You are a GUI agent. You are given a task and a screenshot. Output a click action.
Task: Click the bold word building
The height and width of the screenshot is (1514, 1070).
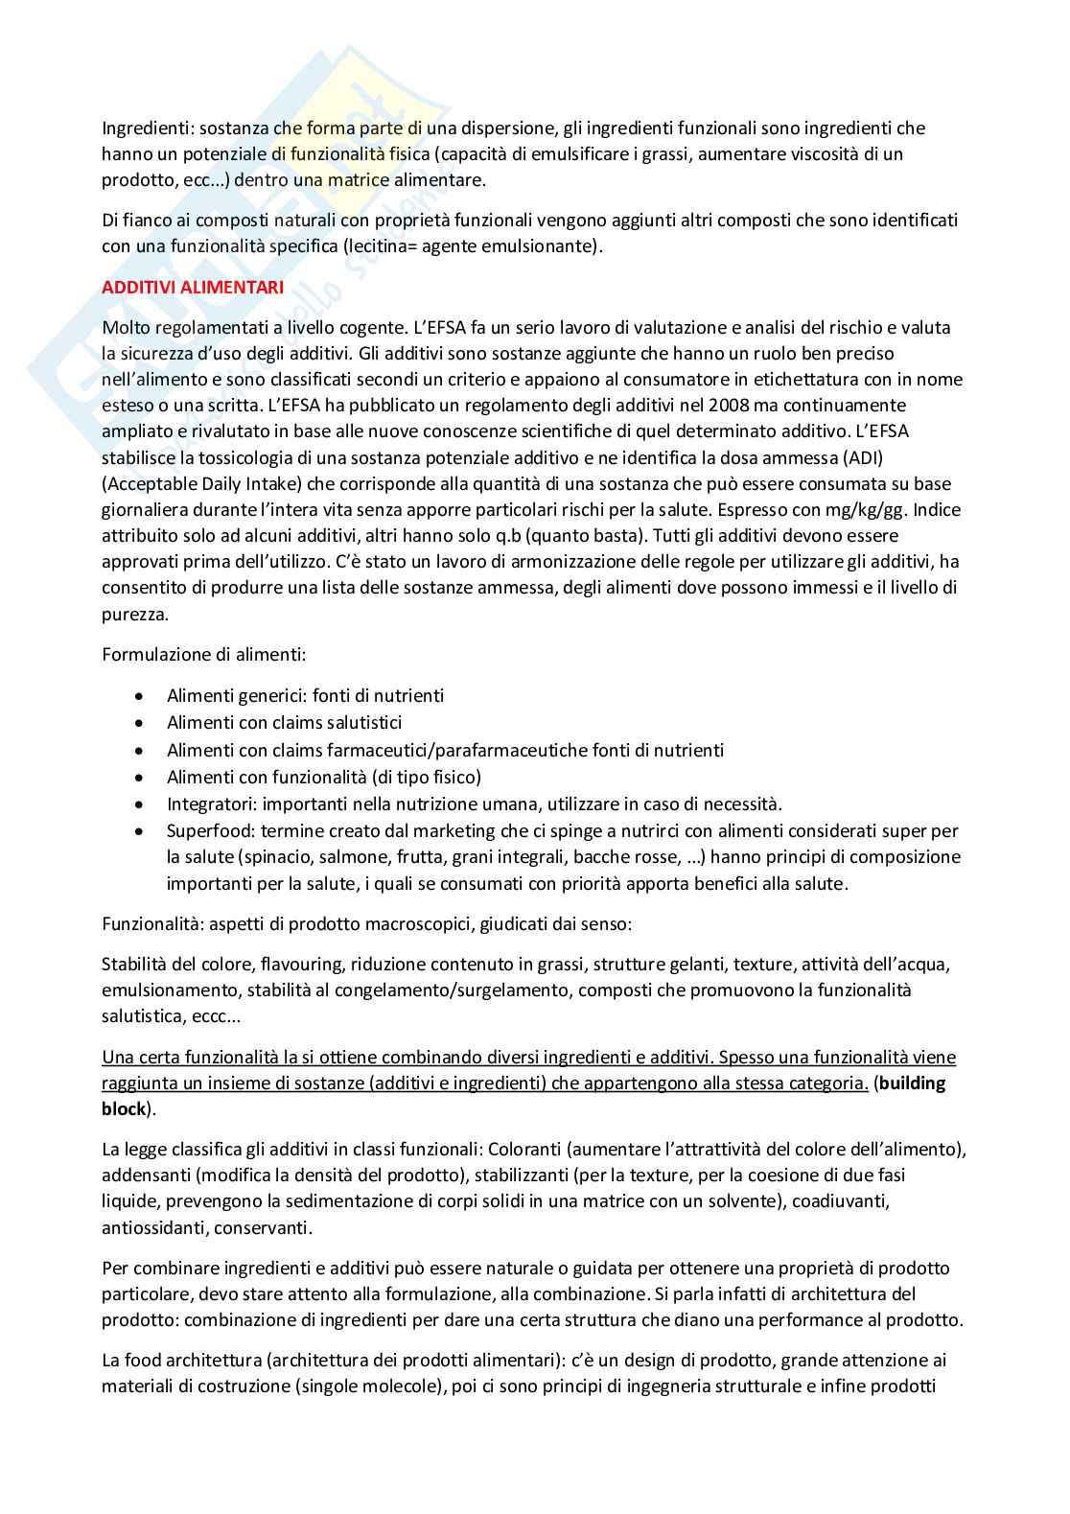pos(911,1083)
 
